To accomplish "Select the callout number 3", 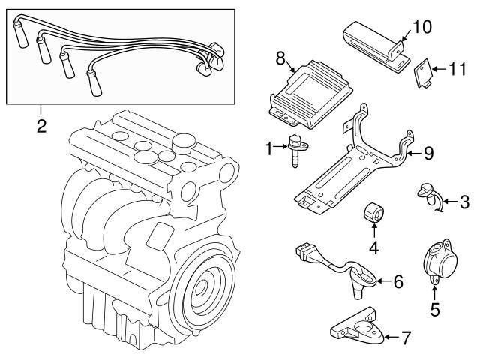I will (x=464, y=201).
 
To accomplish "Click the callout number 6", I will (x=398, y=281).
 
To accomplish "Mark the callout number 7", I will (x=406, y=337).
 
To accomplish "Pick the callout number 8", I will (x=281, y=57).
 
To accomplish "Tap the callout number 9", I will (x=428, y=153).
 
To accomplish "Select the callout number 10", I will (x=422, y=27).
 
